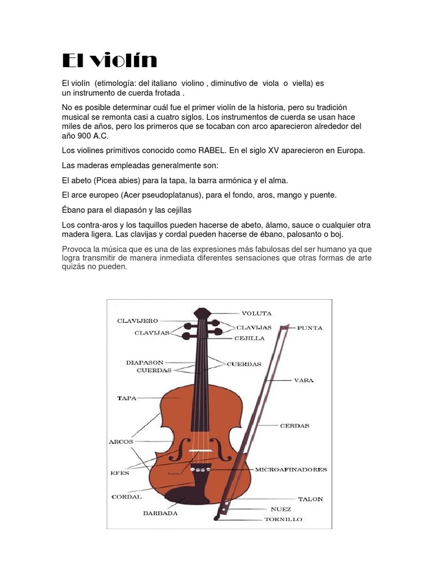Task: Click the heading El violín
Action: point(110,60)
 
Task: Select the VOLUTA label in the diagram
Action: point(257,313)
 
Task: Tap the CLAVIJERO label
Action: point(137,321)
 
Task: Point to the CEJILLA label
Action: point(249,339)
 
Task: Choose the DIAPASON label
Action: point(145,362)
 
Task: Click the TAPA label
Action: point(127,399)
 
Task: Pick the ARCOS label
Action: point(120,441)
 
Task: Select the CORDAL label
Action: point(127,497)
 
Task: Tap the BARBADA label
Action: point(160,514)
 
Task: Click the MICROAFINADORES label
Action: point(291,470)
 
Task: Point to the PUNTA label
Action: point(309,328)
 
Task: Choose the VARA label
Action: point(303,380)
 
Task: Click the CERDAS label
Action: point(294,426)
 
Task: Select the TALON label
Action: point(310,499)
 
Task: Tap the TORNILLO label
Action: point(283,519)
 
